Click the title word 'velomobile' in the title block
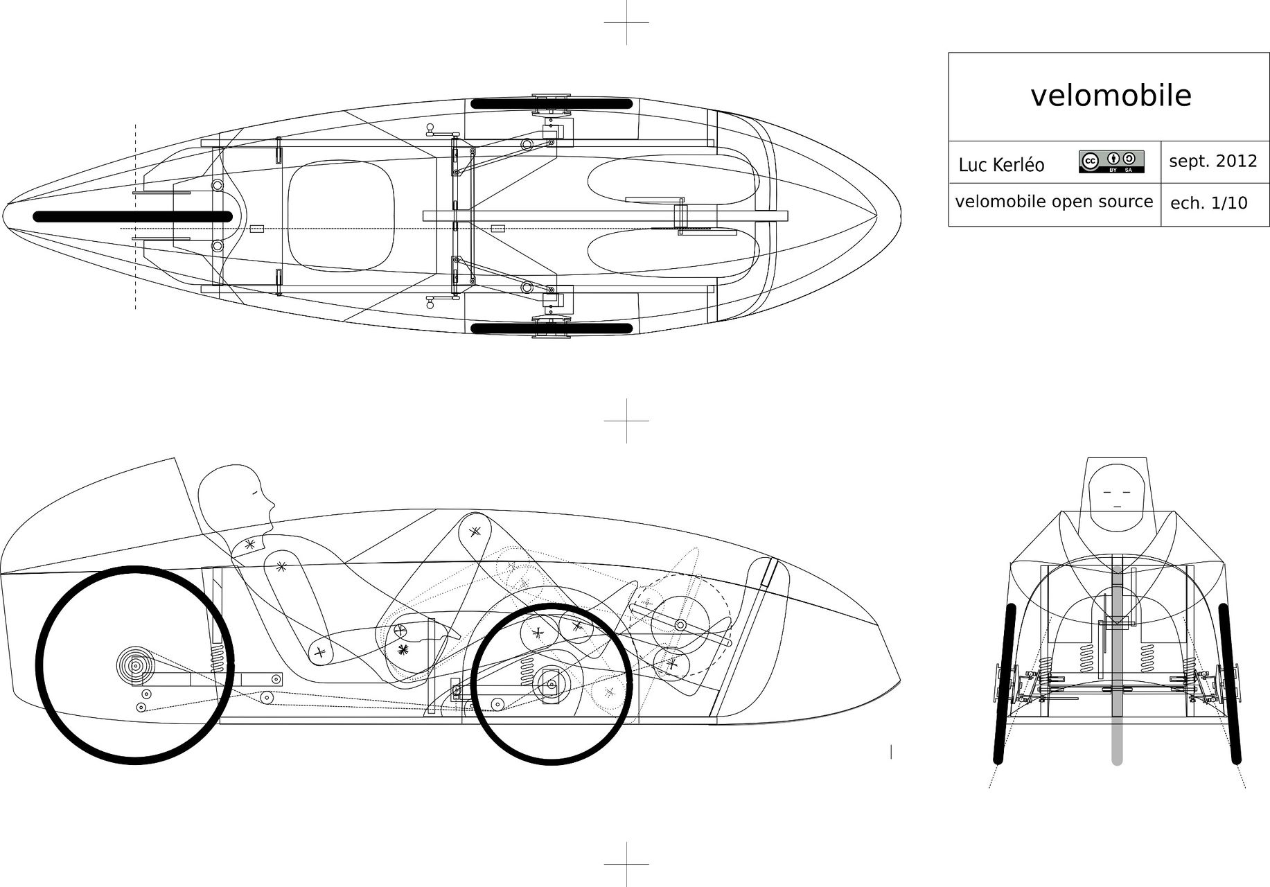click(x=1111, y=96)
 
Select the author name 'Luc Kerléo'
click(x=1001, y=165)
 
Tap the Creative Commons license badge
click(x=1111, y=161)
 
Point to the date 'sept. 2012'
click(x=1212, y=161)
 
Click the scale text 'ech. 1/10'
click(x=1208, y=203)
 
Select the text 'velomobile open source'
click(x=1054, y=202)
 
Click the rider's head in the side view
click(x=236, y=493)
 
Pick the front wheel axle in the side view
click(x=552, y=684)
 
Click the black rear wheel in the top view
click(x=132, y=217)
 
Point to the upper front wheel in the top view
click(x=552, y=104)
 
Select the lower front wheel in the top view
click(x=552, y=328)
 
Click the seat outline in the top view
click(x=340, y=217)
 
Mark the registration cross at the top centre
click(x=626, y=22)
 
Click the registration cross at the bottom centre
click(x=626, y=864)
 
